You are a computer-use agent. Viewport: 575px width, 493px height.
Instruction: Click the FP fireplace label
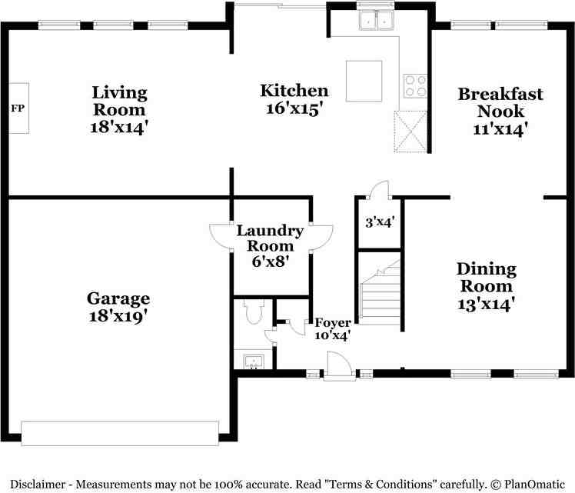18,108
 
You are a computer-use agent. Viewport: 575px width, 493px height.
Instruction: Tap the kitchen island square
364,81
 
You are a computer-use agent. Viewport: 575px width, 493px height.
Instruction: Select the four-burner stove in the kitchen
415,86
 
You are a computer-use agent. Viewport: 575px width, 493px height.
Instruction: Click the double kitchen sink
375,20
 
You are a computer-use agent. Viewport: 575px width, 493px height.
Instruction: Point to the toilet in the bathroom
254,312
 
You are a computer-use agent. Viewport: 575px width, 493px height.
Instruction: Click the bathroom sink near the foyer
254,361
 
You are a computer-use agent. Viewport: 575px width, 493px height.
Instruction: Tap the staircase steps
381,296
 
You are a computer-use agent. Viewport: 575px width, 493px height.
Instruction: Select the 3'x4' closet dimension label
380,222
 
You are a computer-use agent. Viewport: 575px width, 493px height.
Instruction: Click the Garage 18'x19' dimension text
118,316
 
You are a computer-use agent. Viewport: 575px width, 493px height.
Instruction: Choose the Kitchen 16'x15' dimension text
294,108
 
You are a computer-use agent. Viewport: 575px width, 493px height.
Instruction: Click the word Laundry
270,231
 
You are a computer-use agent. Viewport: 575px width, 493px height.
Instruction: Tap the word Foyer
333,323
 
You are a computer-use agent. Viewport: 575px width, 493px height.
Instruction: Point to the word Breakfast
500,94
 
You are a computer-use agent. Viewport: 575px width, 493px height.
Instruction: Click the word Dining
487,270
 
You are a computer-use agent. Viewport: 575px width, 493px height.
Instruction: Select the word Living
120,93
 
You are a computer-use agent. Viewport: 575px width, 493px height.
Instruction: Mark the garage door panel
120,433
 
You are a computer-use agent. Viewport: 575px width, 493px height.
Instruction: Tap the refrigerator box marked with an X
410,132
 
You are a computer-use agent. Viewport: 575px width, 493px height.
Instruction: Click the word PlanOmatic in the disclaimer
534,485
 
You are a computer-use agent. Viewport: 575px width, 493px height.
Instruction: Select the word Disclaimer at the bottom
37,485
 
